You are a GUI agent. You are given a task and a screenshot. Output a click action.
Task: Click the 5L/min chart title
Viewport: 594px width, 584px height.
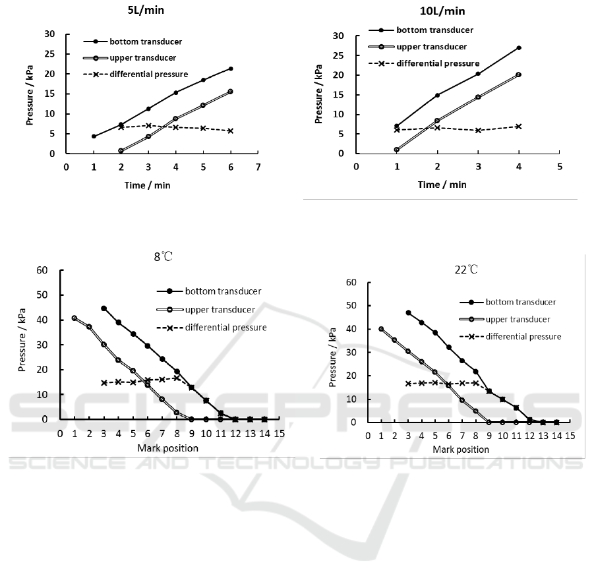[x=147, y=11]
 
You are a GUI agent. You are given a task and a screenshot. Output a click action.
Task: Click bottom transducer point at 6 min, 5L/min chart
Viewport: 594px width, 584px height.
[x=230, y=69]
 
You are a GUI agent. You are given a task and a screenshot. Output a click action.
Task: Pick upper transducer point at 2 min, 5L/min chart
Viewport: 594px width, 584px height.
[x=121, y=151]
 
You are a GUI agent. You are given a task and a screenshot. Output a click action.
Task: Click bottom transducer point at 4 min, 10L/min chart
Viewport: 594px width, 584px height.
[x=519, y=47]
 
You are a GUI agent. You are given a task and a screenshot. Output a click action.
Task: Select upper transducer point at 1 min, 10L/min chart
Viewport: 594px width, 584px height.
[x=397, y=150]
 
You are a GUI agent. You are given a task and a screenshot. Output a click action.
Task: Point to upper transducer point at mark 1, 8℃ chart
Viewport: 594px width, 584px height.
[x=74, y=318]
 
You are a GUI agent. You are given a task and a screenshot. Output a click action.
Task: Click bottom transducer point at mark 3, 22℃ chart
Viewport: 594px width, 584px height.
[x=409, y=312]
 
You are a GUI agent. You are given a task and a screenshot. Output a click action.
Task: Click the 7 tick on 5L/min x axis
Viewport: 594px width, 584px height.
[x=258, y=167]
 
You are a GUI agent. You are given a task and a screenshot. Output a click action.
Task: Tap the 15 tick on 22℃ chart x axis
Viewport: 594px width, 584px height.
[x=570, y=436]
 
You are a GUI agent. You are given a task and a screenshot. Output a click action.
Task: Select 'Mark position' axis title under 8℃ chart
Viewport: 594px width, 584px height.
[x=167, y=448]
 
